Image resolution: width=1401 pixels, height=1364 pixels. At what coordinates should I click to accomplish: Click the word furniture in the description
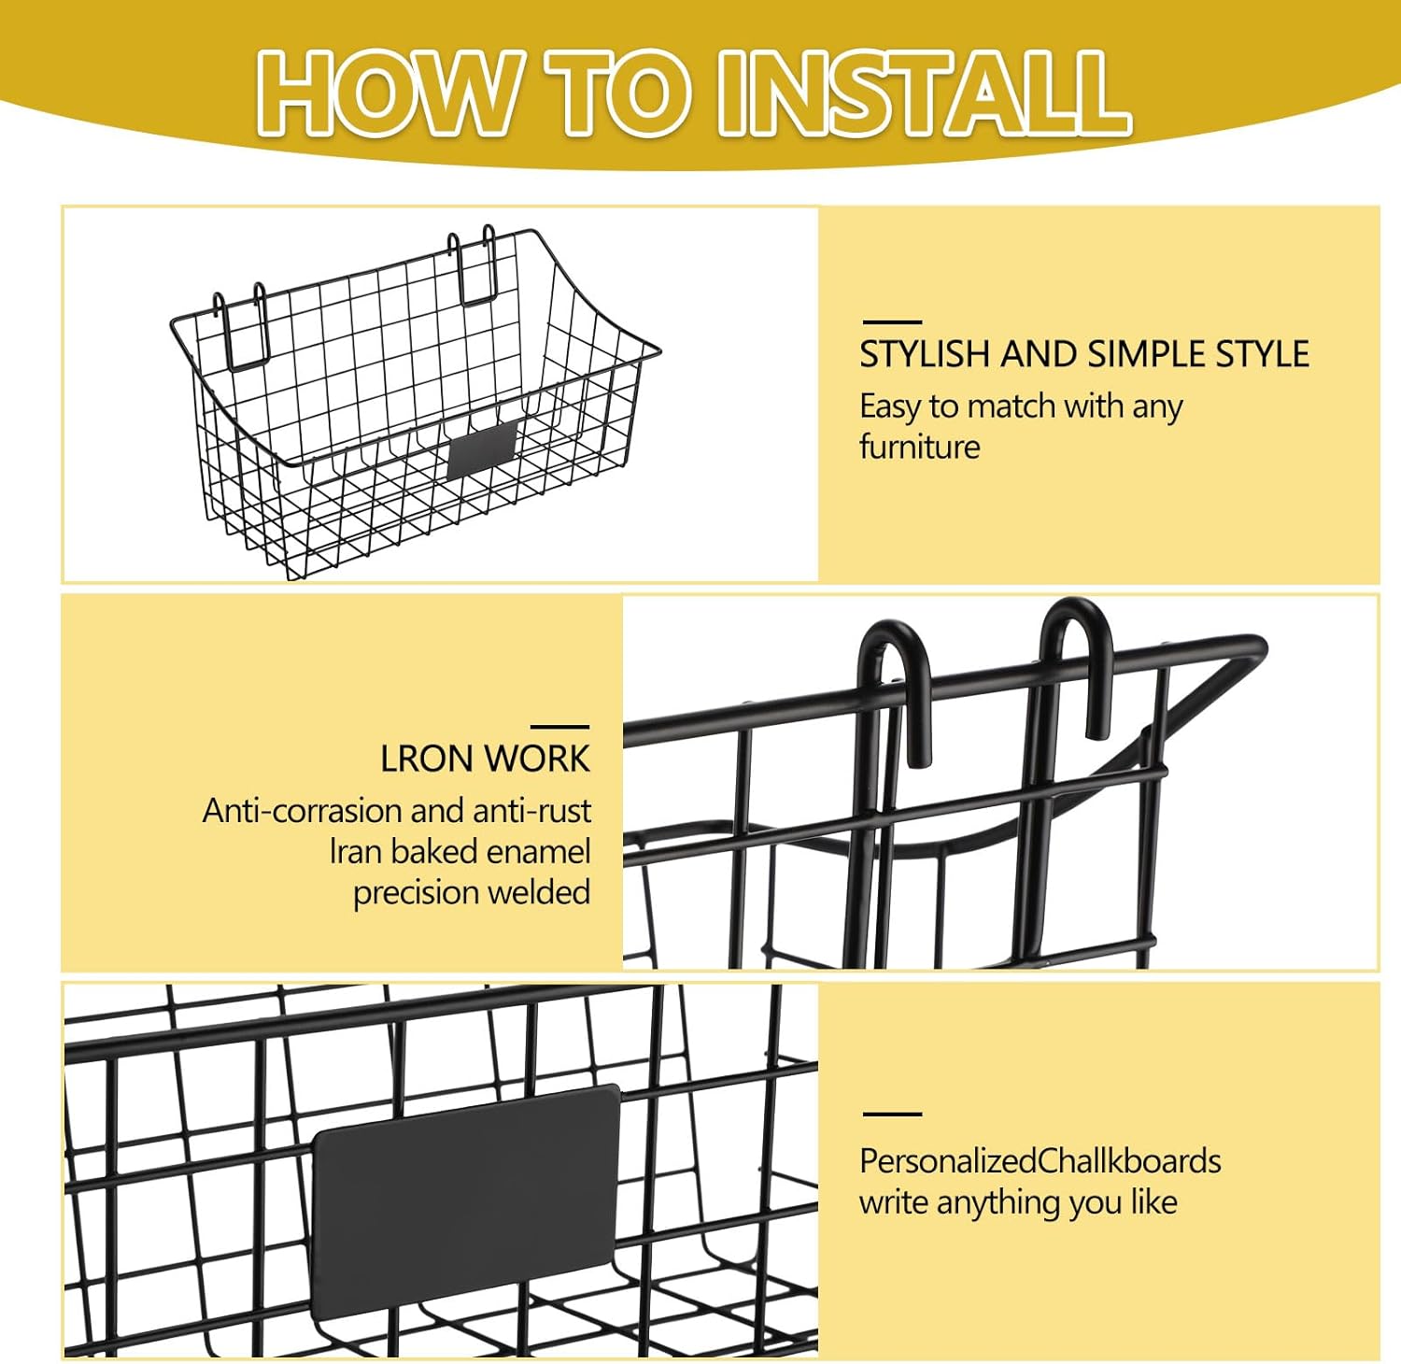click(919, 448)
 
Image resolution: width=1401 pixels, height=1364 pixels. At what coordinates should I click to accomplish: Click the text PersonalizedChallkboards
click(1040, 1161)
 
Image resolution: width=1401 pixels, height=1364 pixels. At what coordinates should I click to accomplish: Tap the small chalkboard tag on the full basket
click(482, 449)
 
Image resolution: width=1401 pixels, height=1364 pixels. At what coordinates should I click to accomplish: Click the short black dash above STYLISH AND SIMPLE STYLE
click(891, 321)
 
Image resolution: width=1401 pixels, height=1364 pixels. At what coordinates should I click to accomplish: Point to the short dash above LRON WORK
click(559, 726)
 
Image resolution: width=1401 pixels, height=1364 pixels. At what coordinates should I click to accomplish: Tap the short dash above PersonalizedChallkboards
click(891, 1114)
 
